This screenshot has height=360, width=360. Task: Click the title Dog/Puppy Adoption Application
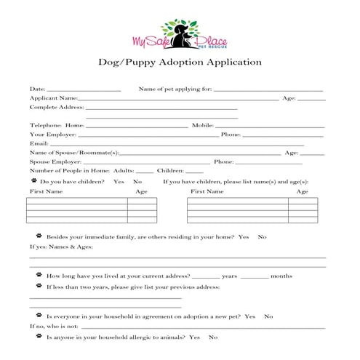click(180, 63)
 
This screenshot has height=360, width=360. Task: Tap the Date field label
click(36, 89)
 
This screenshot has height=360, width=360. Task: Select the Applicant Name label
click(53, 97)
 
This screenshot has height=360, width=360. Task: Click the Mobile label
click(202, 126)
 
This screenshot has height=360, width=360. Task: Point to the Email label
click(39, 144)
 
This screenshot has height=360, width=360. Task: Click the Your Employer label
click(52, 135)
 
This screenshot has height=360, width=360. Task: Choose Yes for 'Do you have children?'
click(119, 181)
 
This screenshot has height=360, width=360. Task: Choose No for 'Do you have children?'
click(137, 181)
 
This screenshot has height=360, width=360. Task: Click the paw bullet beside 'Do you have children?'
click(33, 180)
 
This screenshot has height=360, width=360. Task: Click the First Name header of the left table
click(46, 191)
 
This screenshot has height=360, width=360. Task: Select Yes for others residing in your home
click(244, 237)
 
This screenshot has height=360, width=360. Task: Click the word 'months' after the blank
click(281, 276)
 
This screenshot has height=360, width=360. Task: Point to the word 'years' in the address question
click(230, 276)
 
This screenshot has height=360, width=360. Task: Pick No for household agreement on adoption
click(268, 316)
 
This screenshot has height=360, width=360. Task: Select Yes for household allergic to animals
click(194, 337)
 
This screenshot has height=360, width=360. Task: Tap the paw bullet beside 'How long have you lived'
click(39, 276)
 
